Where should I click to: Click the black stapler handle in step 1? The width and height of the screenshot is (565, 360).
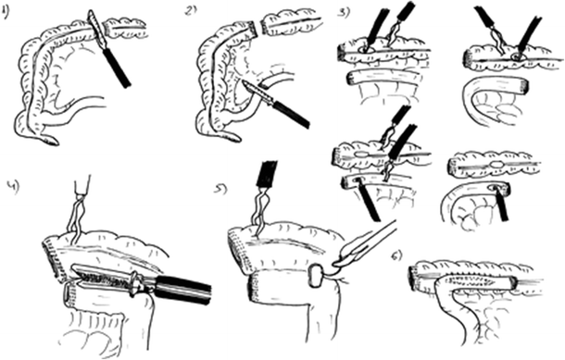[119, 68]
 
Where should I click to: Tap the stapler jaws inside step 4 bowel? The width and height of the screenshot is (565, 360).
[102, 276]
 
